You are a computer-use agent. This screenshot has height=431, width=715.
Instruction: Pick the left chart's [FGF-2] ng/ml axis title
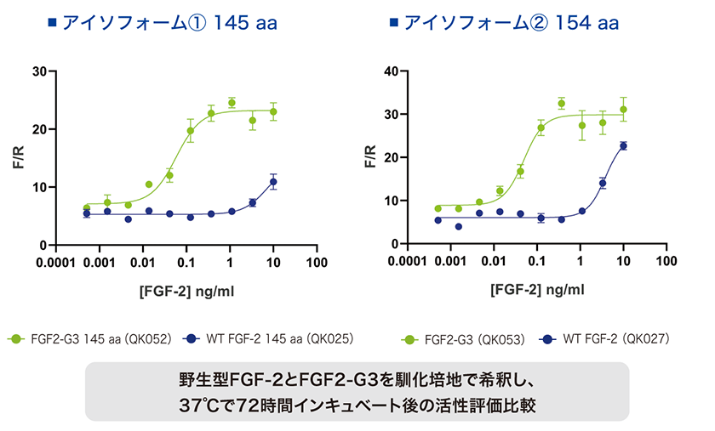pos(187,292)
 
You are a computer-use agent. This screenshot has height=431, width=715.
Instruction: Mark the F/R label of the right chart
pos(369,157)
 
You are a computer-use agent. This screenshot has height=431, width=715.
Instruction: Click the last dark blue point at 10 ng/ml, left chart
pos(273,182)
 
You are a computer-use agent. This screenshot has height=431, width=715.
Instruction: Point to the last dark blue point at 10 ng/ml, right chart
pos(623,146)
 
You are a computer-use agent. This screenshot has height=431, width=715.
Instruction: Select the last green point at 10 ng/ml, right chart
pos(623,110)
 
